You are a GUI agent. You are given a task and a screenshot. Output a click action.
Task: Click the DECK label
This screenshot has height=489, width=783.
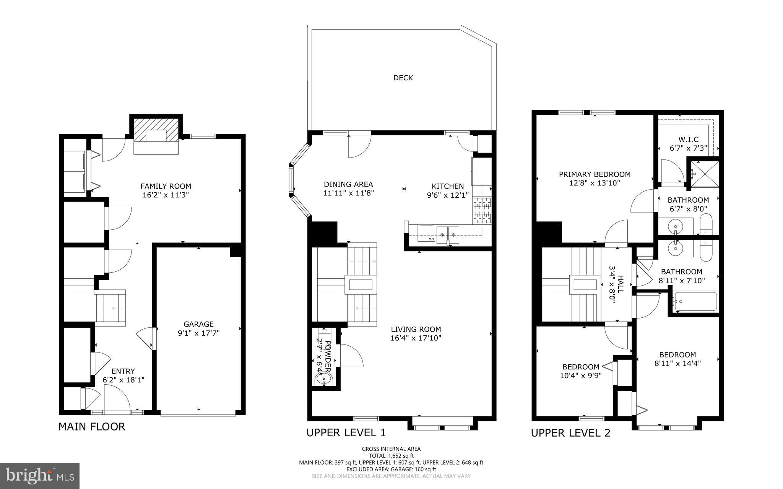click(403, 78)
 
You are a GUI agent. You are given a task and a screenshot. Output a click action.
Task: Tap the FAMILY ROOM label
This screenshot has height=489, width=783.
click(166, 186)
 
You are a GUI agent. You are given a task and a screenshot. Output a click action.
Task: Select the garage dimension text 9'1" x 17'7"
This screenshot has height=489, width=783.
click(198, 333)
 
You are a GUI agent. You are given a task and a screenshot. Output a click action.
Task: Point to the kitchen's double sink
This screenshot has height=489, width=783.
click(448, 232)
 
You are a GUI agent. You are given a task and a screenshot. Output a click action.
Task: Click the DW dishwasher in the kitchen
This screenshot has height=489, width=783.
click(426, 233)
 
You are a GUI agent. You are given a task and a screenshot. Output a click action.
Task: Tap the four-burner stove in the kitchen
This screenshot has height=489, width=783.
click(482, 210)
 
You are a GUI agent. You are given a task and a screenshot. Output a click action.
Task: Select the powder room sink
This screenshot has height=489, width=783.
click(323, 379)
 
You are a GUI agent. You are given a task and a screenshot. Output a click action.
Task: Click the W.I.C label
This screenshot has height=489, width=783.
click(688, 140)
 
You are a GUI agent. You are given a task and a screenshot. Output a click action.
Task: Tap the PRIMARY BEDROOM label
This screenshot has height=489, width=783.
click(595, 174)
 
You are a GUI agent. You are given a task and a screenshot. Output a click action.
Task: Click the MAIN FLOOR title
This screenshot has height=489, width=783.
click(92, 427)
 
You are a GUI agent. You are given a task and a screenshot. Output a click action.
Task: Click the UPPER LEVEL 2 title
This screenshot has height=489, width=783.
click(570, 433)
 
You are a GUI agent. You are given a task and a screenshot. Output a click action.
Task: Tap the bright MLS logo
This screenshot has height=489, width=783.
click(40, 476)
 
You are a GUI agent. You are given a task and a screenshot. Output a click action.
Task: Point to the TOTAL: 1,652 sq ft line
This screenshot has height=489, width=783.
click(391, 456)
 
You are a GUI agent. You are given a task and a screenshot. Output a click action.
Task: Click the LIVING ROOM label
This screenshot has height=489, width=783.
click(416, 329)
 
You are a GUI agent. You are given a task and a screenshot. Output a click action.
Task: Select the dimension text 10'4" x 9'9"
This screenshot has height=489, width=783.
click(581, 375)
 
